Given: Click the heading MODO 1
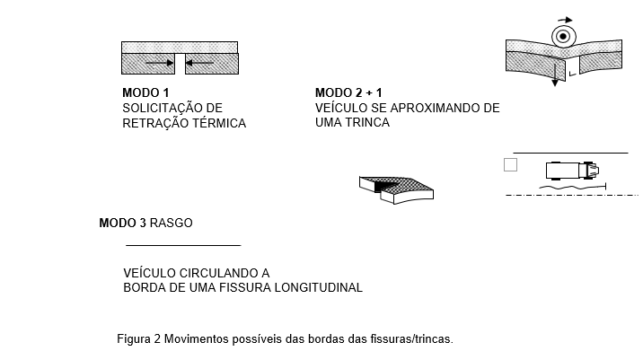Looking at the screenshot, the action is pos(145,92).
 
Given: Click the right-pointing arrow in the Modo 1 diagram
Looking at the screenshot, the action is pos(160,63).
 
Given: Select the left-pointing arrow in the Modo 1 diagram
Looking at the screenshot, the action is pos(199,63).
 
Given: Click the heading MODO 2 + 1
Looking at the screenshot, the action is pos(348,92).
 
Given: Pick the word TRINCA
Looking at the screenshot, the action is pos(368,122).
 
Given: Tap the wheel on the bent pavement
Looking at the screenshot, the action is pos(563,37).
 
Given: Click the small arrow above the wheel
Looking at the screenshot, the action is pos(565,20).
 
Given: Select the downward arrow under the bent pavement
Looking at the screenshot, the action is pos(555,74).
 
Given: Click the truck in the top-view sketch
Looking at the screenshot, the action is pos(572,171).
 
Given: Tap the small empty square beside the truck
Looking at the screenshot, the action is pos(511,165).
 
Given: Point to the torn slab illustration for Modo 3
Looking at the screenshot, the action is pos(396,189).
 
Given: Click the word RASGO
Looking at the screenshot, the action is pos(171,223).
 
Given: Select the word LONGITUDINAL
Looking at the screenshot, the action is pos(318,287).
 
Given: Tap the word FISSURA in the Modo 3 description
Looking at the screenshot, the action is pos(245,287).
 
